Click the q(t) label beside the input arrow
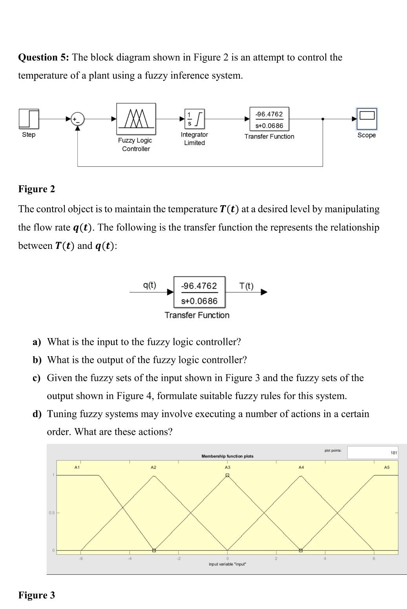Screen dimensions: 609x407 tap(150, 285)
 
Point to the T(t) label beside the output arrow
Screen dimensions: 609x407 tap(246, 286)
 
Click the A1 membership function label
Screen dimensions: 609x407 tap(77, 467)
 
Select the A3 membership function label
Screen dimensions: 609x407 tap(227, 467)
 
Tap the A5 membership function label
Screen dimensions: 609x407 tap(387, 467)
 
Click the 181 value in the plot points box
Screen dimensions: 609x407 tap(394, 453)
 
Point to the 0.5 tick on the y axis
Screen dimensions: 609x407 tap(51, 513)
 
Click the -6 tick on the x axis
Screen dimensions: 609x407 tap(81, 559)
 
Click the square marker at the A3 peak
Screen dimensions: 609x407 tap(227, 475)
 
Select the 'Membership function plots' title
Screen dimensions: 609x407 tap(227, 456)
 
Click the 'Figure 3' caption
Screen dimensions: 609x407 tap(37, 595)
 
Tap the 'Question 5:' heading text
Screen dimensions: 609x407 tap(44, 57)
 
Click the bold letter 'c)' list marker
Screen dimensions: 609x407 tap(37, 378)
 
